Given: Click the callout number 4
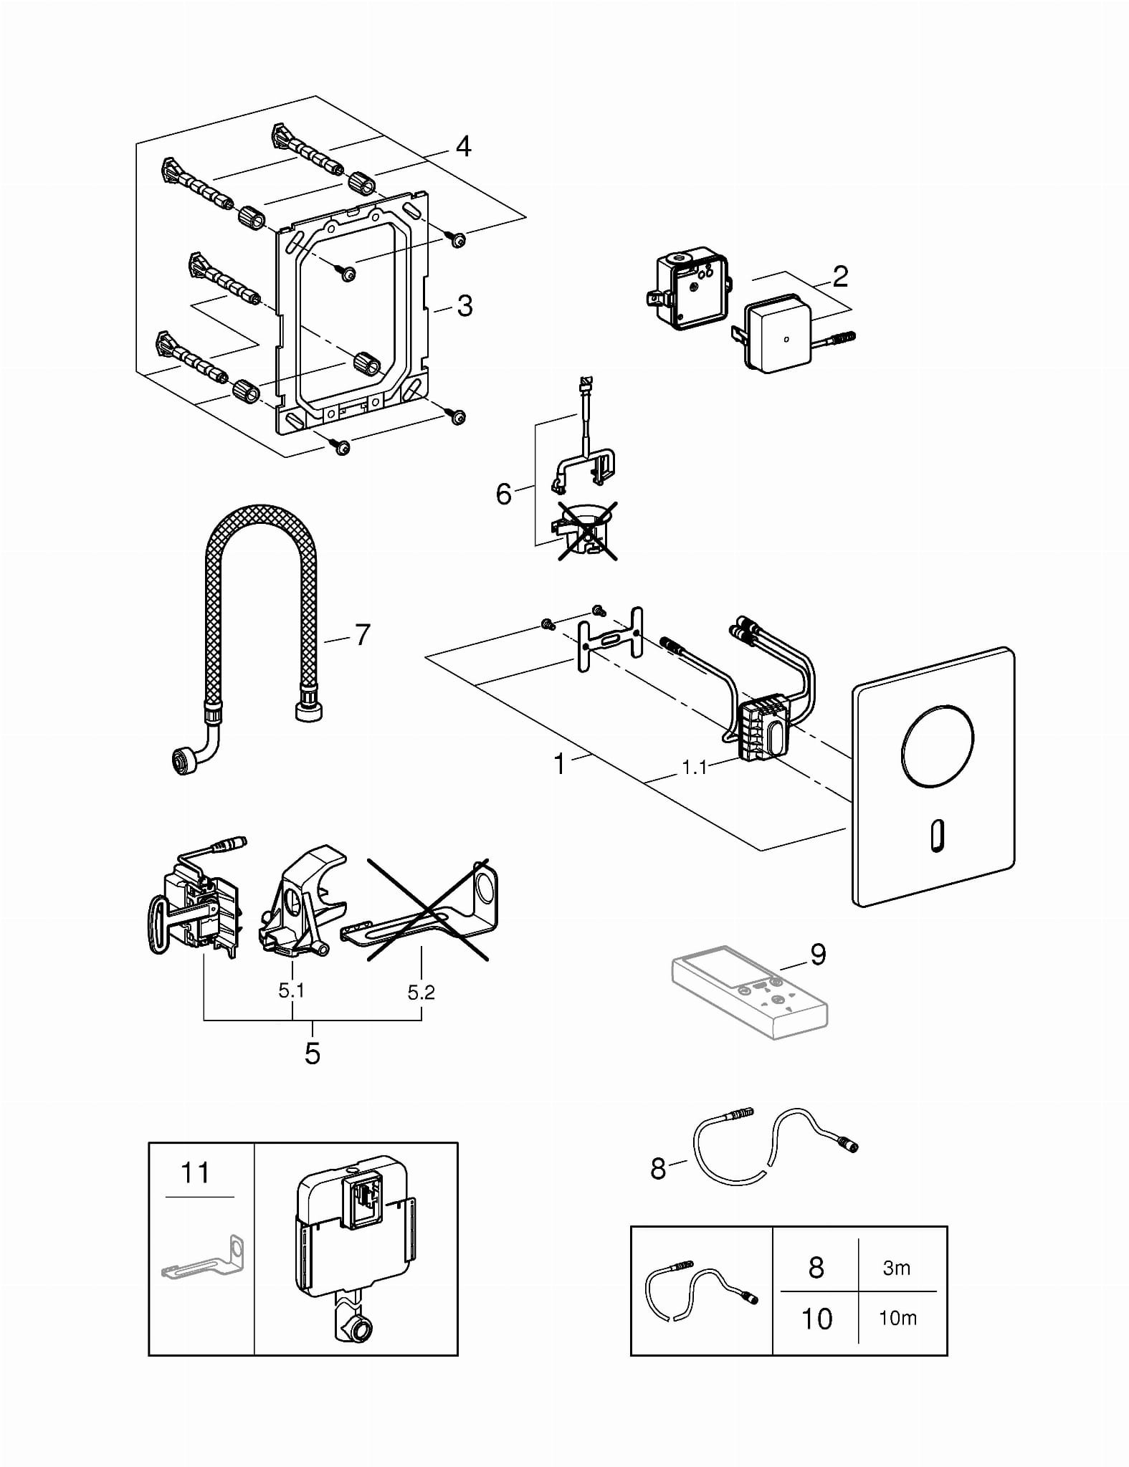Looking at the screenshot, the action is pyautogui.click(x=464, y=146).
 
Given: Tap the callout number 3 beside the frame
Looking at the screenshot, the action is pyautogui.click(x=465, y=306).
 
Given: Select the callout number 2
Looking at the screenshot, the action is pyautogui.click(x=840, y=277).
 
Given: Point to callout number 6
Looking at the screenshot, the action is pyautogui.click(x=504, y=494).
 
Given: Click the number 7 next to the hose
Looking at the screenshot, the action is pyautogui.click(x=362, y=634).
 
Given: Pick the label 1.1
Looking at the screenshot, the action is pyautogui.click(x=694, y=768).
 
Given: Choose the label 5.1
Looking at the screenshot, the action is pyautogui.click(x=292, y=991).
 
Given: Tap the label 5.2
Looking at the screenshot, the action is pyautogui.click(x=421, y=993).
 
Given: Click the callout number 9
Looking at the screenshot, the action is pyautogui.click(x=818, y=954).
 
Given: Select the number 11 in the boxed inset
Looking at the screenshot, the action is pyautogui.click(x=195, y=1173).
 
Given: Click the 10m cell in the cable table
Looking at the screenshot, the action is pyautogui.click(x=897, y=1318).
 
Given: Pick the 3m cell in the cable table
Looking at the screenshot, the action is pyautogui.click(x=897, y=1268).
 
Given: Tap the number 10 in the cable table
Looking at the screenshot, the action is pyautogui.click(x=816, y=1319).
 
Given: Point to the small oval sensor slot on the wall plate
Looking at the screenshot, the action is pyautogui.click(x=937, y=836).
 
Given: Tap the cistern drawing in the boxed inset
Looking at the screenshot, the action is pyautogui.click(x=354, y=1248).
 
